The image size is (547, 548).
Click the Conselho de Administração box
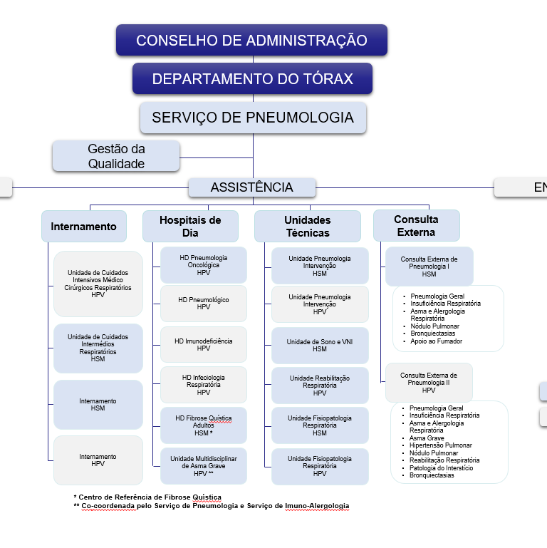click(251, 40)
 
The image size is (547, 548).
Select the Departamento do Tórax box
click(252, 78)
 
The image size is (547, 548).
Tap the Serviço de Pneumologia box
click(253, 118)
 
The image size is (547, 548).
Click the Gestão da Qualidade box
click(116, 156)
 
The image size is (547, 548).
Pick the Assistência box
click(252, 187)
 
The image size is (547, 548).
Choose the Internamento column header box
click(84, 227)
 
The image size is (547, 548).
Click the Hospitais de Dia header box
click(189, 226)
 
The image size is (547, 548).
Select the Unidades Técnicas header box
click(307, 226)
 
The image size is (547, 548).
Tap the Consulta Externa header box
click(417, 226)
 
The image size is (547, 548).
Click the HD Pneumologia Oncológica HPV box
click(204, 264)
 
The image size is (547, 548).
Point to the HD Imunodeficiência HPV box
click(204, 344)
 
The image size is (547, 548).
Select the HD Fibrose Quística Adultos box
click(204, 425)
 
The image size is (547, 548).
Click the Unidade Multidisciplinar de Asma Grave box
click(204, 465)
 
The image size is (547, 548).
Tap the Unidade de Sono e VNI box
click(320, 345)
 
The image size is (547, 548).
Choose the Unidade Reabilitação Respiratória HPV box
click(320, 386)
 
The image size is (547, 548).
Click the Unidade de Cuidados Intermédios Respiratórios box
click(98, 348)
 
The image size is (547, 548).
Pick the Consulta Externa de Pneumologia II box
click(429, 383)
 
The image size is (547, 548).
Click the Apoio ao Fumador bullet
click(436, 341)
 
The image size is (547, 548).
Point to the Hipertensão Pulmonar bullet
click(440, 445)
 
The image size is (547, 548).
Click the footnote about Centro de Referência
click(147, 497)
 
